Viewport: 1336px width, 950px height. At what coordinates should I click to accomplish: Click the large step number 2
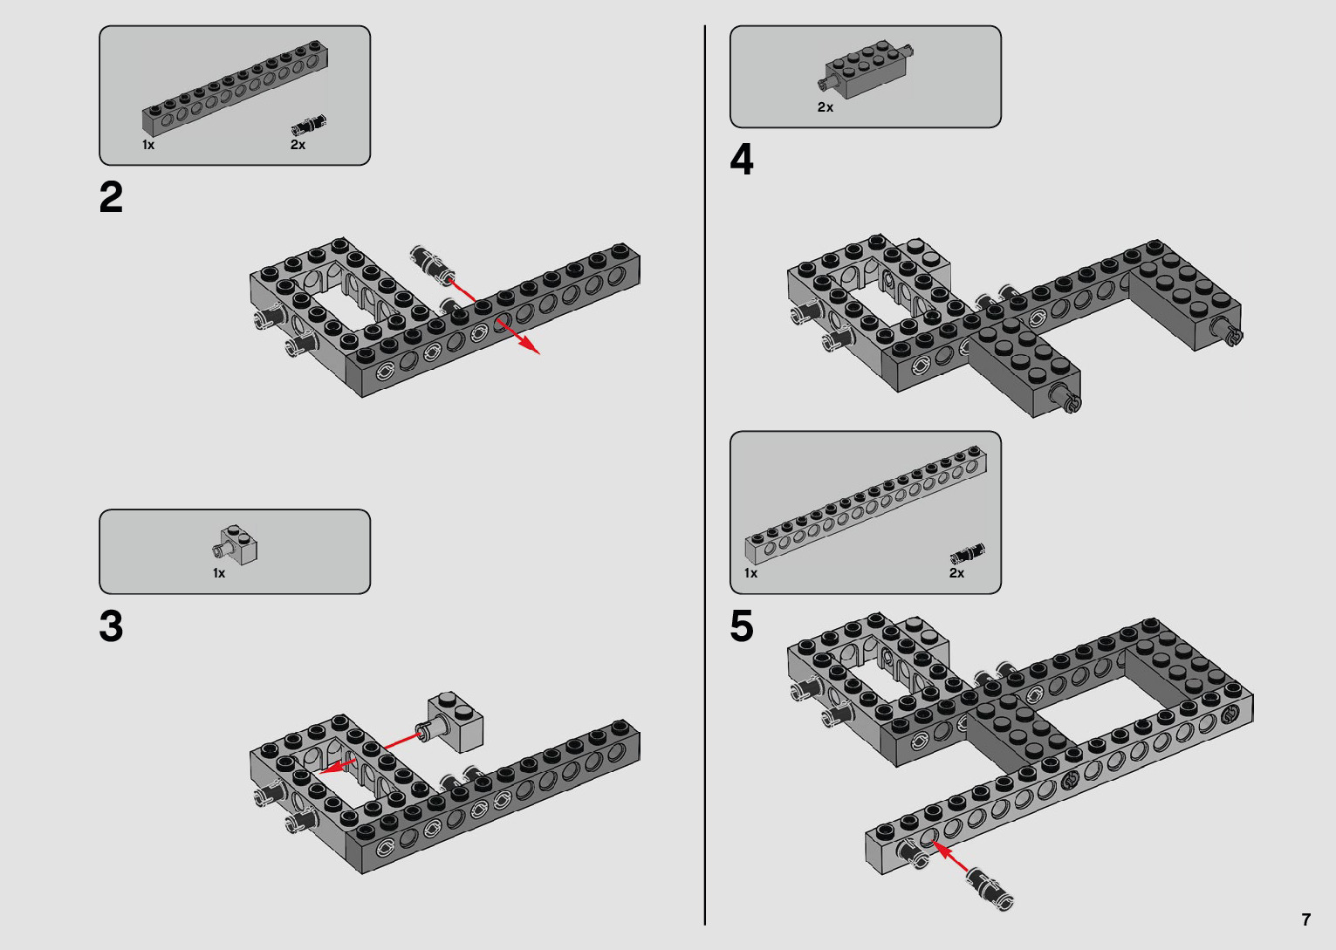click(111, 197)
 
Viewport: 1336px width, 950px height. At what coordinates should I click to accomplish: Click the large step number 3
click(111, 626)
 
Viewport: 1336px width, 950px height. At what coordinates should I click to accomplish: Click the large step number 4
click(742, 160)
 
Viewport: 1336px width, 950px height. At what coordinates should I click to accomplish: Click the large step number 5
click(742, 626)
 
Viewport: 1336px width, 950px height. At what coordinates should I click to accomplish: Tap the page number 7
click(1306, 919)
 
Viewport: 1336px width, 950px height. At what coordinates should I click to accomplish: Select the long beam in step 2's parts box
click(235, 87)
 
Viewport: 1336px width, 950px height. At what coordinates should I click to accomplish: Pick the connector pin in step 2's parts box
click(308, 126)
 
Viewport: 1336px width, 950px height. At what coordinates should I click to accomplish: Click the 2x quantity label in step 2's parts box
click(298, 145)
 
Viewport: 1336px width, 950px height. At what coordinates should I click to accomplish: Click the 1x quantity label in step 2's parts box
click(148, 145)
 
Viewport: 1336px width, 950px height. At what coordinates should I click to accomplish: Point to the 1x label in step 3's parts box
click(219, 573)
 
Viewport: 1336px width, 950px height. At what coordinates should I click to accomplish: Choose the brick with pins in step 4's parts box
click(866, 69)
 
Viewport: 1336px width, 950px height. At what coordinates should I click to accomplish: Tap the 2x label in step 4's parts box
click(825, 107)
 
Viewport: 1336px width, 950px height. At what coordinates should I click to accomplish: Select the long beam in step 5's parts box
click(866, 505)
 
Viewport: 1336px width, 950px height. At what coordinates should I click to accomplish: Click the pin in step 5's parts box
click(968, 553)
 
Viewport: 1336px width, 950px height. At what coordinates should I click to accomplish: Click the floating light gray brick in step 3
click(450, 721)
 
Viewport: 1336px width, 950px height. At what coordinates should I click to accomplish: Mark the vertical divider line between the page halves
click(705, 475)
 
